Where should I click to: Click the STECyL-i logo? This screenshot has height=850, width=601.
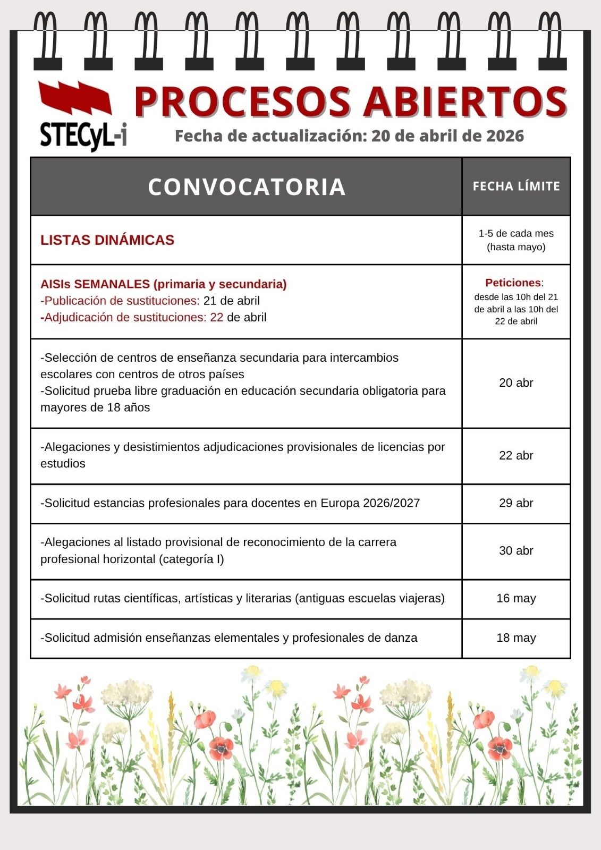point(82,116)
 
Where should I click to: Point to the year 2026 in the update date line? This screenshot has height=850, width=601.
point(504,136)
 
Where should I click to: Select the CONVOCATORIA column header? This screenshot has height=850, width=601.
point(247,186)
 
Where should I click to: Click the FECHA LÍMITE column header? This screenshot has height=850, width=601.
point(516,186)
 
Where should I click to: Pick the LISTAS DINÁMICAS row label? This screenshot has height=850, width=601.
point(107,240)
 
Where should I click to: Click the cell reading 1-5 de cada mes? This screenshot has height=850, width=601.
point(516,234)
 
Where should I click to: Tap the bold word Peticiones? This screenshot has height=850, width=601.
point(512,283)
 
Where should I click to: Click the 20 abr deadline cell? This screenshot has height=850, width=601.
point(516,382)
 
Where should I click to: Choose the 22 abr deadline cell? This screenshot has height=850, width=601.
point(516,455)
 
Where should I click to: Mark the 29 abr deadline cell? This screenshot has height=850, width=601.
point(516,503)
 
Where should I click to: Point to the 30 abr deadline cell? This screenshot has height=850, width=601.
point(516,550)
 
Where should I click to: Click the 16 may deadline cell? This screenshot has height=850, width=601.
point(516,598)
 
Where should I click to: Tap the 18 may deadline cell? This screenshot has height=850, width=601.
point(516,637)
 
